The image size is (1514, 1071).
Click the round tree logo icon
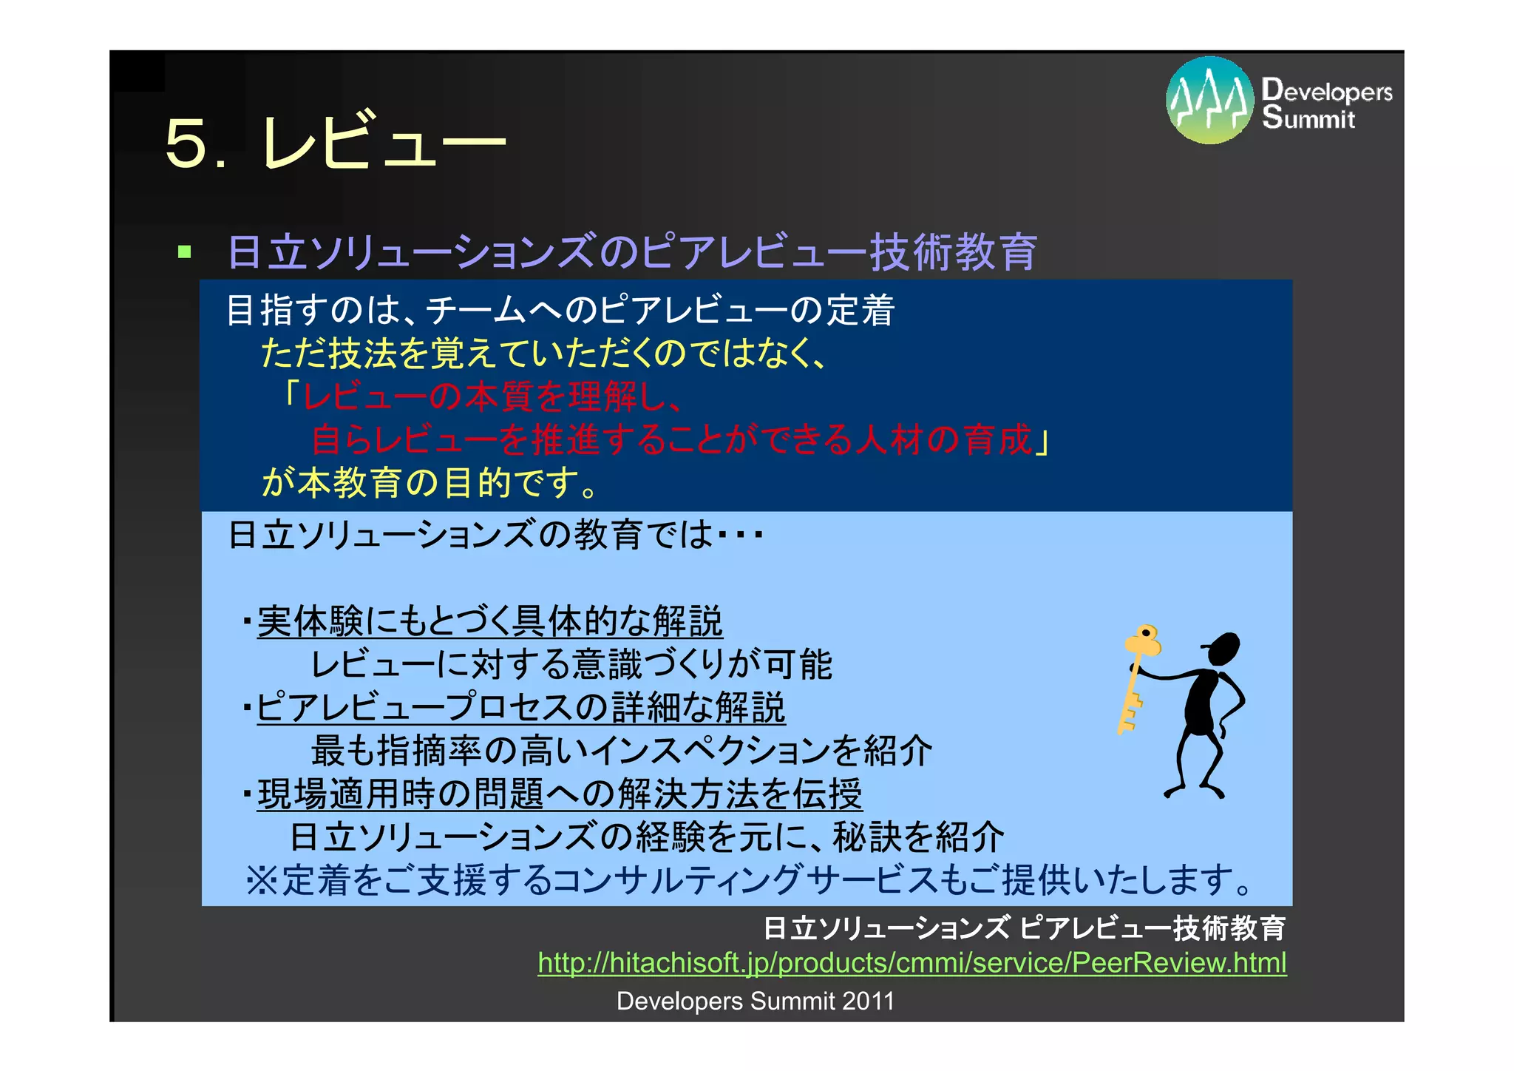click(1209, 101)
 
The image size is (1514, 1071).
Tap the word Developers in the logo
click(1327, 91)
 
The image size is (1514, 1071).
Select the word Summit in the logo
click(1308, 118)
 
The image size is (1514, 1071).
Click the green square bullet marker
click(185, 252)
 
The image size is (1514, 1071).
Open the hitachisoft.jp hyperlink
click(912, 962)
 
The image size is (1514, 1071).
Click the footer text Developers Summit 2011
click(755, 1001)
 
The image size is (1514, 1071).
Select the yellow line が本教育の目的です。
click(429, 483)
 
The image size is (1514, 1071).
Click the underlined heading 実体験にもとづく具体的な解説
click(489, 621)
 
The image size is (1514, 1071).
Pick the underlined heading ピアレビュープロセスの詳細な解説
click(520, 708)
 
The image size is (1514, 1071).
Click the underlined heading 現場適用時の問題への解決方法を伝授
click(559, 794)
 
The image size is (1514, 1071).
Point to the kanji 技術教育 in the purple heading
click(954, 252)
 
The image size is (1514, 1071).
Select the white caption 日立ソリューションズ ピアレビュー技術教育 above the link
click(1024, 928)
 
